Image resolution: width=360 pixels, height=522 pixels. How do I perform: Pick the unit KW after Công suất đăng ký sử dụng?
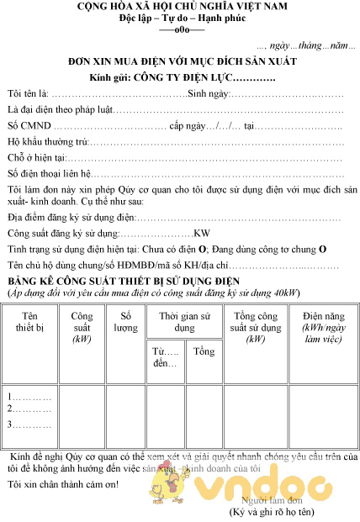pyautogui.click(x=202, y=234)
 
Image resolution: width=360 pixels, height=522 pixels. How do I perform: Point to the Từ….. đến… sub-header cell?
pyautogui.click(x=165, y=356)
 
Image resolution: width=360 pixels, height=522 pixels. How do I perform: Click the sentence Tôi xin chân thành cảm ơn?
pyautogui.click(x=73, y=483)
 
